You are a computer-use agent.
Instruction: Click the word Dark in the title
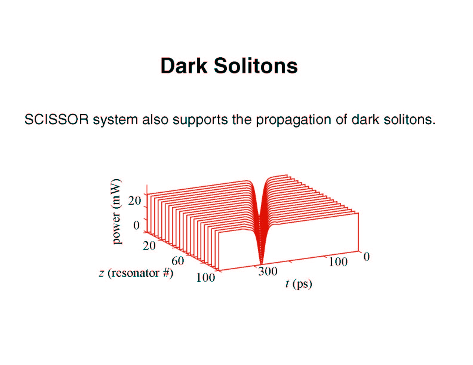[184, 66]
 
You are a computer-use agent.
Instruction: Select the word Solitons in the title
[256, 66]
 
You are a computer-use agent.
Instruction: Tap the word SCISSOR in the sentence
[57, 119]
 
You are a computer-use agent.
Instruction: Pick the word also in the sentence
[155, 119]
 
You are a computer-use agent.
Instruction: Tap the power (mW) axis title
[116, 211]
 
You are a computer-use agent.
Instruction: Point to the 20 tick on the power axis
[134, 200]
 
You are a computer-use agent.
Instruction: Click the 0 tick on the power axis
[136, 225]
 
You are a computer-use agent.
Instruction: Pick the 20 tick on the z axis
[149, 246]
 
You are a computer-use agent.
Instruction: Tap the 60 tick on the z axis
[178, 261]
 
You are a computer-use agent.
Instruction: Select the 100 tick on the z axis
[205, 278]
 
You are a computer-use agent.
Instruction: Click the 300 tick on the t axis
[268, 271]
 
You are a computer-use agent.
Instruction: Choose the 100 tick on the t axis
[338, 262]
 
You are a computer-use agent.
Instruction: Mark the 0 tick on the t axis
[367, 257]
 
